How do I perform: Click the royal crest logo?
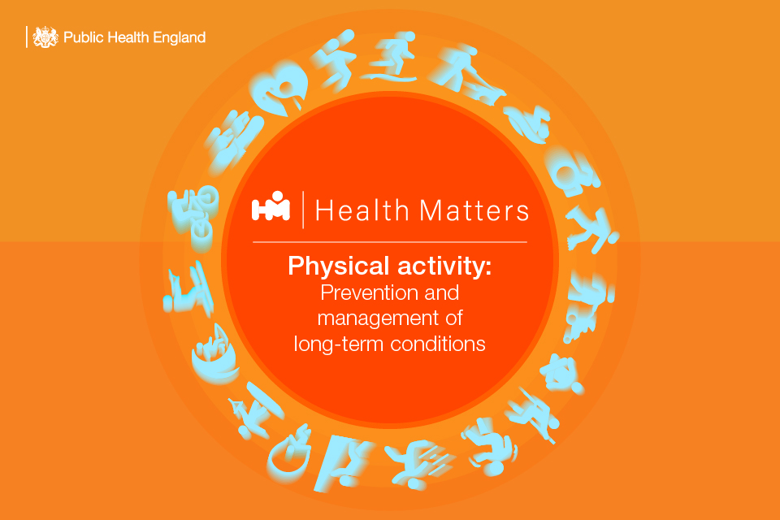coord(45,37)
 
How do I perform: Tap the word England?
coord(180,38)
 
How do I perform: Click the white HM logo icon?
coord(271,206)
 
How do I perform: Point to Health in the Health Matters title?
coord(362,210)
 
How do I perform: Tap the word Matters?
coord(474,210)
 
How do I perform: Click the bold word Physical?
coord(338,266)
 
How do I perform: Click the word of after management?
coord(454,318)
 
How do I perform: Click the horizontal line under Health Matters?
coord(390,242)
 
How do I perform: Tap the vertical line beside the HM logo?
coord(303,210)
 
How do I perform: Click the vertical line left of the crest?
coord(26,37)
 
